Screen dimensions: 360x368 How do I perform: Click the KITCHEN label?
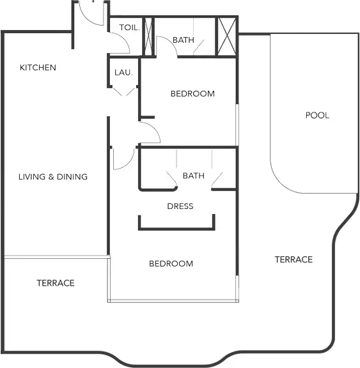pyautogui.click(x=38, y=68)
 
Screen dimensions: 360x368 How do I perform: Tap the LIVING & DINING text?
pyautogui.click(x=53, y=177)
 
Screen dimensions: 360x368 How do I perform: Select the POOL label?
pyautogui.click(x=317, y=115)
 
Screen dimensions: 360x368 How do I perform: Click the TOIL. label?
pyautogui.click(x=129, y=27)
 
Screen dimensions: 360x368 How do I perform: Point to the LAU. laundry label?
pyautogui.click(x=124, y=73)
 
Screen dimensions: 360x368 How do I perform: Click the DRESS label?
pyautogui.click(x=180, y=206)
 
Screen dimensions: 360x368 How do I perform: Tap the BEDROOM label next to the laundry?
pyautogui.click(x=192, y=94)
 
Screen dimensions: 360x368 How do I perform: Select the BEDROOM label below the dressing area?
pyautogui.click(x=171, y=264)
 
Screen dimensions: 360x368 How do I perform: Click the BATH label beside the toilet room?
pyautogui.click(x=184, y=40)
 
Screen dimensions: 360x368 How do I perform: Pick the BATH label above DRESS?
pyautogui.click(x=194, y=176)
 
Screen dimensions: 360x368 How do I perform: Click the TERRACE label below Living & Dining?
pyautogui.click(x=56, y=283)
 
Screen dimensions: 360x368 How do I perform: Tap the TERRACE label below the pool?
pyautogui.click(x=293, y=259)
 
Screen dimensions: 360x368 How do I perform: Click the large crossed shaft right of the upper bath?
pyautogui.click(x=227, y=36)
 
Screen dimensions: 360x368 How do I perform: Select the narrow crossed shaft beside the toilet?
pyautogui.click(x=148, y=36)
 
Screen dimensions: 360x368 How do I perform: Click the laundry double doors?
pyautogui.click(x=124, y=92)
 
